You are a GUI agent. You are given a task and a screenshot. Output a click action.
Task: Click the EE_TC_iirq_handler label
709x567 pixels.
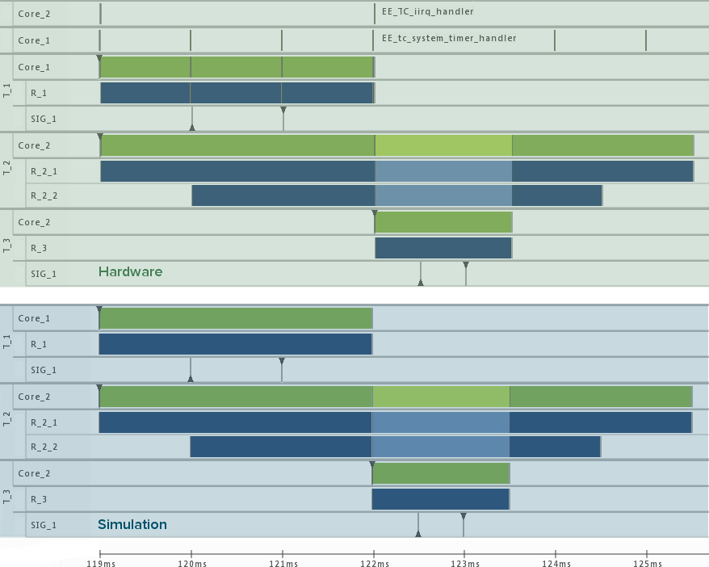point(427,12)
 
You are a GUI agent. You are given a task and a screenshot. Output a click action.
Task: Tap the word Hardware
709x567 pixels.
point(130,272)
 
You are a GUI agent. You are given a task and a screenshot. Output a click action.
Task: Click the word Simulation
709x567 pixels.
point(132,525)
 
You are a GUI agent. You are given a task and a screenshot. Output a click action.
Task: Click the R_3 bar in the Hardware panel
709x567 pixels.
point(443,247)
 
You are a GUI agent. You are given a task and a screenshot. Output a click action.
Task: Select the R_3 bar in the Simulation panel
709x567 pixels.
point(440,499)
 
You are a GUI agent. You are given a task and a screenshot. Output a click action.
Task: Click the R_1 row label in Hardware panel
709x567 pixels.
point(39,94)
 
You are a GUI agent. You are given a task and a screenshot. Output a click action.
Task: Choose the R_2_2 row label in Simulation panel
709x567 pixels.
point(44,447)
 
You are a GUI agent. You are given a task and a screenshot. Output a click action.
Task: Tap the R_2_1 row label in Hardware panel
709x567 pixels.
point(44,171)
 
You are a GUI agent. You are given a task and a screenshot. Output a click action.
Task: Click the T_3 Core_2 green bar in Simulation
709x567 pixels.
point(440,473)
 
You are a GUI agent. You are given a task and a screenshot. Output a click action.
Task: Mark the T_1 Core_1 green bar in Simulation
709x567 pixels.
point(235,318)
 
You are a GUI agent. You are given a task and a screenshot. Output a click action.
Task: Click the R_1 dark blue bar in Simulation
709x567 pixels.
point(235,344)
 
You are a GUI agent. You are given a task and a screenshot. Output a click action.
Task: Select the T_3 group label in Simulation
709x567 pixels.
point(7,498)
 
